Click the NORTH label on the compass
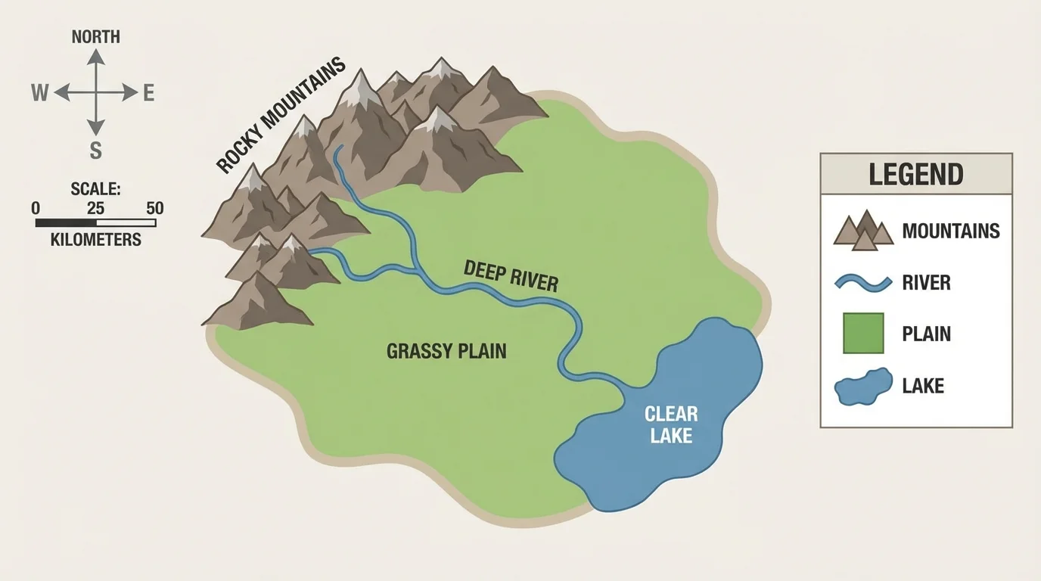click(x=95, y=37)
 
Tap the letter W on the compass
click(x=39, y=93)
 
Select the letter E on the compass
click(x=149, y=93)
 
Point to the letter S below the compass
click(x=95, y=151)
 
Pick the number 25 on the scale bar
click(x=95, y=208)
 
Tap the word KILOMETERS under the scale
click(x=95, y=240)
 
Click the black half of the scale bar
click(x=66, y=223)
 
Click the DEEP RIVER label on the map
click(x=511, y=275)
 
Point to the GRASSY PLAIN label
click(x=446, y=351)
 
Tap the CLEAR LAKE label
click(x=671, y=424)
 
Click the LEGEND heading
click(x=915, y=175)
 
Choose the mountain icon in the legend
click(x=863, y=230)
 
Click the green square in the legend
click(x=863, y=334)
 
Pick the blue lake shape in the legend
click(x=862, y=387)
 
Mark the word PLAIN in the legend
click(x=926, y=334)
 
